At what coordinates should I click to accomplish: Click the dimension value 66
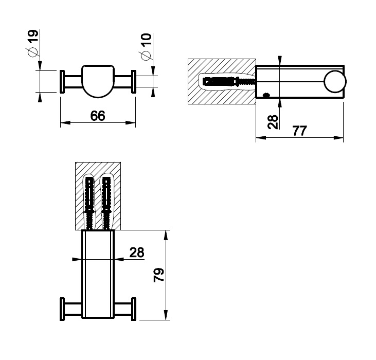[x=98, y=116]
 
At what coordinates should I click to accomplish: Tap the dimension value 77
[x=299, y=131]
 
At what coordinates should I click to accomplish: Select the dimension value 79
[x=159, y=275]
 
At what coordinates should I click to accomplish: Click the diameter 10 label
[x=146, y=47]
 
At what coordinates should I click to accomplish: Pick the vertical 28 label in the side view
[x=273, y=122]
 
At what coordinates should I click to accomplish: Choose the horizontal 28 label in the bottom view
[x=137, y=253]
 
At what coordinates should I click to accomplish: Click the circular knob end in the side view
[x=335, y=81]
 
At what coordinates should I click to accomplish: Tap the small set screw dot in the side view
[x=266, y=95]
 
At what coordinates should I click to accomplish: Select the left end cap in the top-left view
[x=62, y=81]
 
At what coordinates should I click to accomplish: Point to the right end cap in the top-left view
[x=134, y=81]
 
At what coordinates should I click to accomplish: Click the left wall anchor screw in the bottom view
[x=89, y=203]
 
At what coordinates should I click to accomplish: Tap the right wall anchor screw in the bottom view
[x=106, y=203]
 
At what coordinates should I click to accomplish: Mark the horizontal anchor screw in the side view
[x=229, y=82]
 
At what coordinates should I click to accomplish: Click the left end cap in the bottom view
[x=62, y=309]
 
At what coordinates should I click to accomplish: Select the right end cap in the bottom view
[x=134, y=309]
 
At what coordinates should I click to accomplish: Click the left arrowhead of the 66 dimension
[x=65, y=122]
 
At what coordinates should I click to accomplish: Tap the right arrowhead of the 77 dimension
[x=338, y=138]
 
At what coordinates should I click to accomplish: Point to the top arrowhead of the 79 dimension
[x=166, y=235]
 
